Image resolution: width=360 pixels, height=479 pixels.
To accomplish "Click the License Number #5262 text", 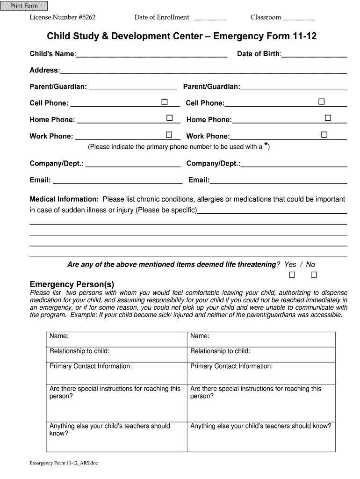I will pyautogui.click(x=63, y=18).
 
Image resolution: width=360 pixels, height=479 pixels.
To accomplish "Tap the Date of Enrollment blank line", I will pyautogui.click(x=209, y=19).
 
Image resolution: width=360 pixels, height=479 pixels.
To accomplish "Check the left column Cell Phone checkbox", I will pyautogui.click(x=165, y=102).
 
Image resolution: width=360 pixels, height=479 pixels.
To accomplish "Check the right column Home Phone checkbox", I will pyautogui.click(x=328, y=118).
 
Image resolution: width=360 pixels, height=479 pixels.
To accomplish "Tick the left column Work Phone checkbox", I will pyautogui.click(x=169, y=135).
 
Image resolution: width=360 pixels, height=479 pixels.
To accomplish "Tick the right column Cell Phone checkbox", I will pyautogui.click(x=322, y=102).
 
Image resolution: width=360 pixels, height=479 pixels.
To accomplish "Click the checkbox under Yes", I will pyautogui.click(x=292, y=274).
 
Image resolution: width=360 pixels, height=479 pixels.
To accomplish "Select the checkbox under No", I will pyautogui.click(x=314, y=274).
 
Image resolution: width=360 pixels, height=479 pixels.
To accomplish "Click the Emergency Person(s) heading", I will pyautogui.click(x=72, y=284).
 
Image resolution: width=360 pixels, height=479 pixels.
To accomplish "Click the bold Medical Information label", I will pyautogui.click(x=64, y=199).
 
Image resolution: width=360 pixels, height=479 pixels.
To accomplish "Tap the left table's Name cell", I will pyautogui.click(x=116, y=339).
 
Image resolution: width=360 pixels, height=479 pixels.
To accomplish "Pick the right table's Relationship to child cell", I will pyautogui.click(x=261, y=354).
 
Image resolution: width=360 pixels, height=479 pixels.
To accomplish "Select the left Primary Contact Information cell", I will pyautogui.click(x=116, y=373).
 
